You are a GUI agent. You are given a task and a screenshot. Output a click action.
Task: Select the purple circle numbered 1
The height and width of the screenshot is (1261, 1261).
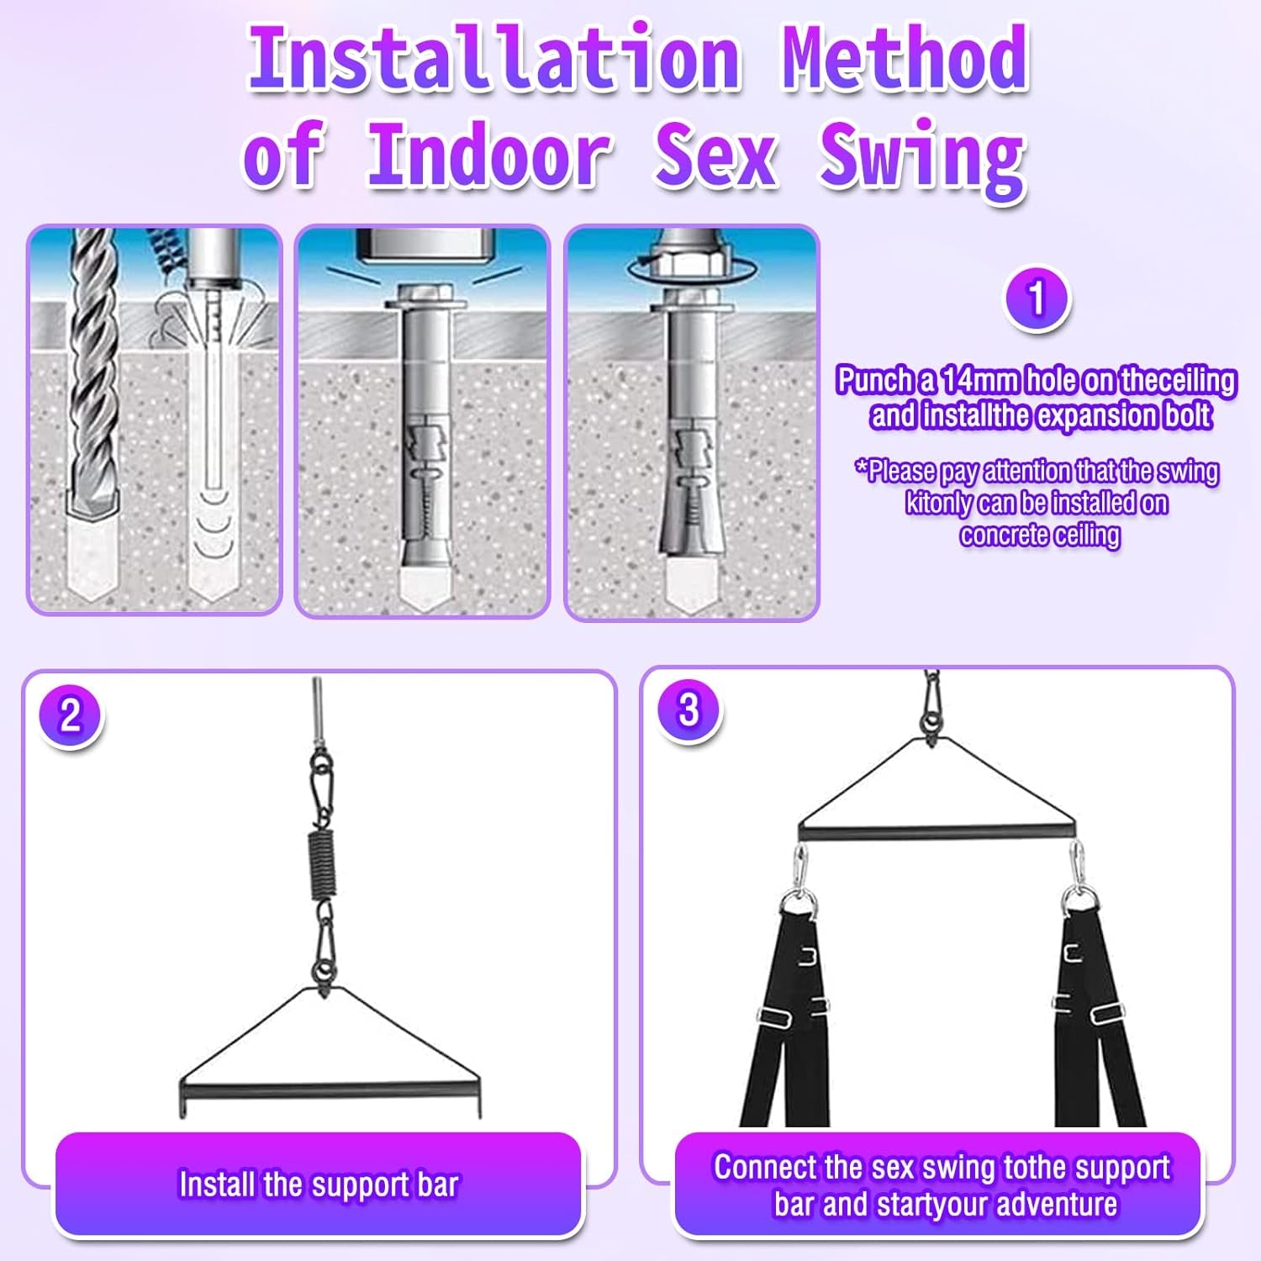pyautogui.click(x=1037, y=298)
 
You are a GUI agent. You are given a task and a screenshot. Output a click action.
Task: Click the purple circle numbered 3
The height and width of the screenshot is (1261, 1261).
pyautogui.click(x=689, y=710)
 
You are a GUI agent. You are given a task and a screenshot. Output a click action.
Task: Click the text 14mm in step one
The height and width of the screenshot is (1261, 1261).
pyautogui.click(x=980, y=381)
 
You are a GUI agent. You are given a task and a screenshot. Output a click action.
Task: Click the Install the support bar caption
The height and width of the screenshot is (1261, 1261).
pyautogui.click(x=319, y=1184)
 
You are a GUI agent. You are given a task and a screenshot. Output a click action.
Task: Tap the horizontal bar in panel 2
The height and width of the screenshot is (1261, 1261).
pyautogui.click(x=330, y=1091)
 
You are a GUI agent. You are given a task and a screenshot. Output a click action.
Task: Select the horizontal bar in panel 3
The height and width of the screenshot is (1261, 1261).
pyautogui.click(x=937, y=832)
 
